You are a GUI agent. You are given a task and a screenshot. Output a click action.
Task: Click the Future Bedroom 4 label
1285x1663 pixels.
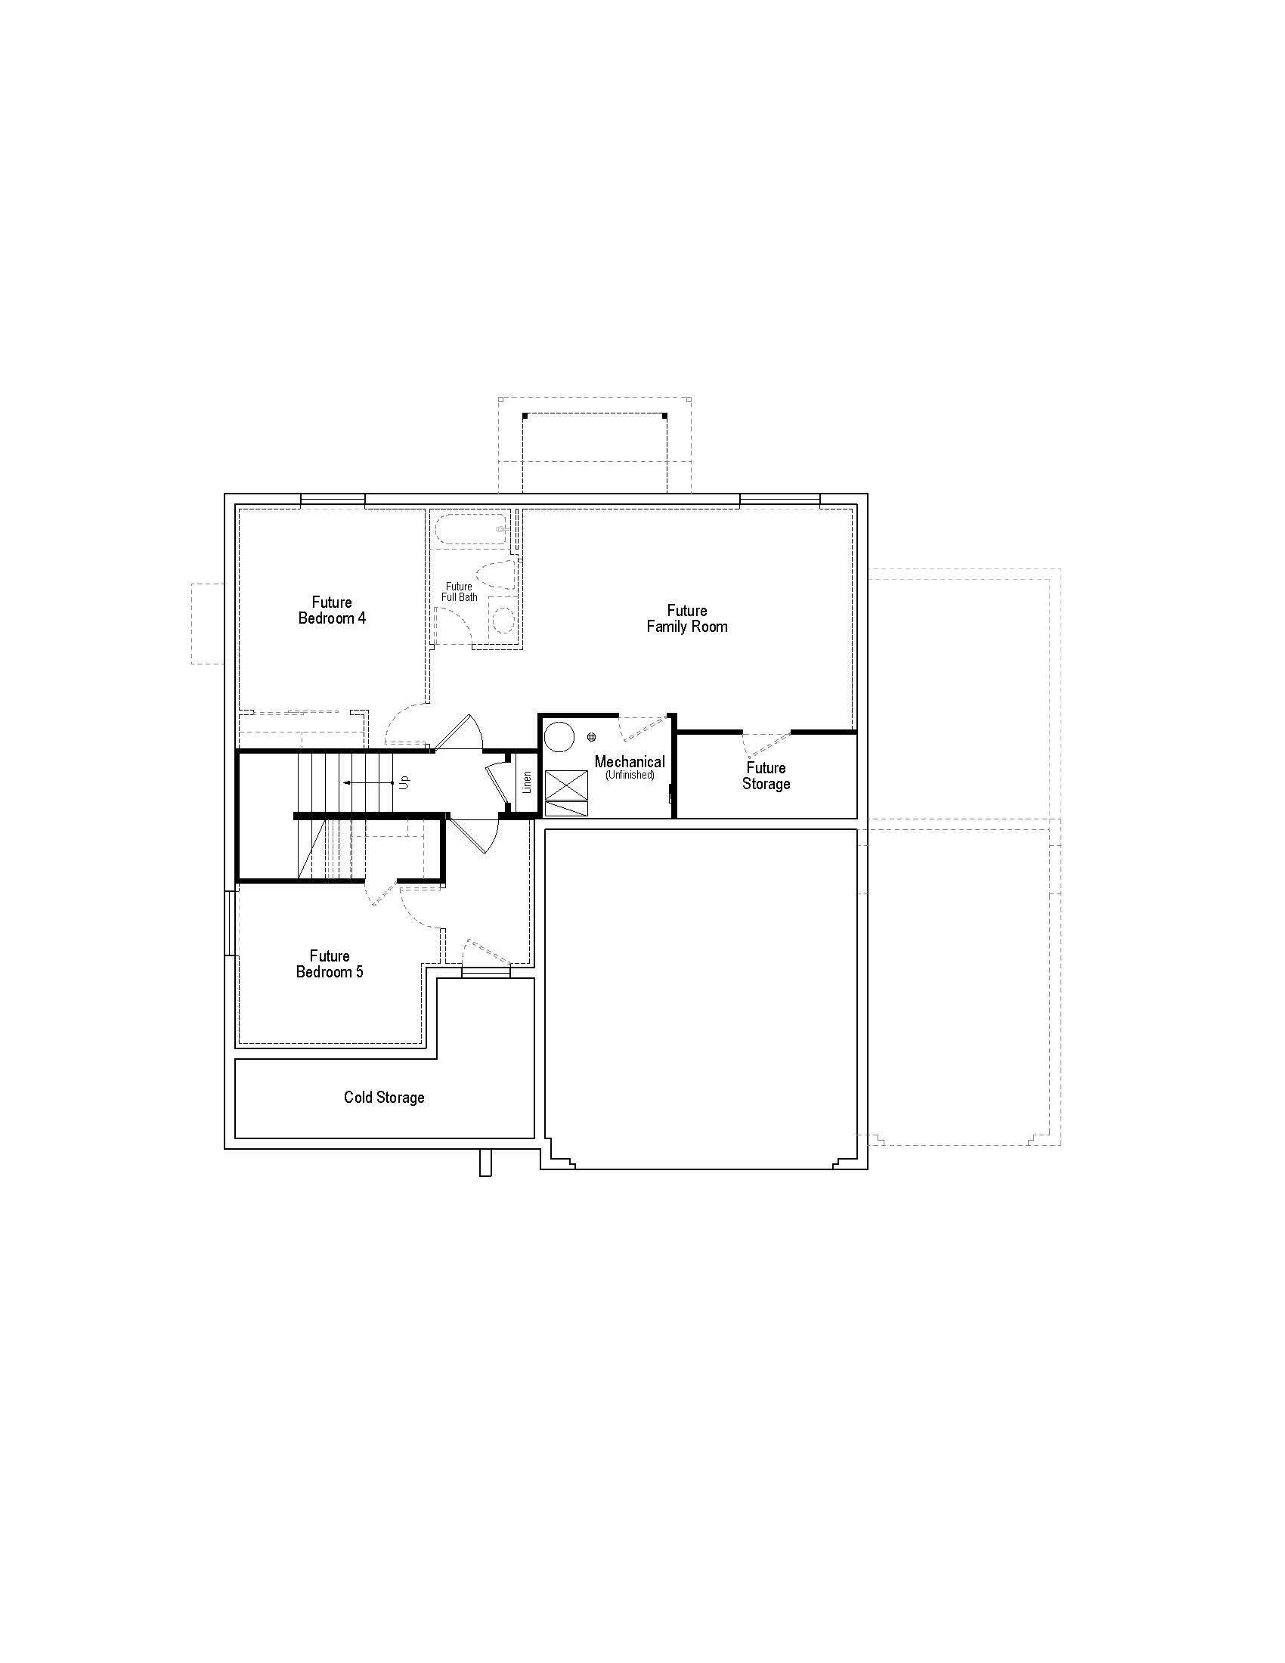pos(332,611)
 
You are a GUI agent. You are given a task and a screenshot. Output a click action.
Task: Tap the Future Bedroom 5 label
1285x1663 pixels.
pos(330,964)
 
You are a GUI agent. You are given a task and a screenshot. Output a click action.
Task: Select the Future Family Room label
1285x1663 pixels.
pos(686,619)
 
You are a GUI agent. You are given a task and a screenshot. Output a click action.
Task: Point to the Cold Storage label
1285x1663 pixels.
pos(384,1098)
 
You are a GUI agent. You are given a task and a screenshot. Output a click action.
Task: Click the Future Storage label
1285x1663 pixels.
pos(766,776)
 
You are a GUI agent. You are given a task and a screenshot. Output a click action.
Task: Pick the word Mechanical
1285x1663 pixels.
pos(630,761)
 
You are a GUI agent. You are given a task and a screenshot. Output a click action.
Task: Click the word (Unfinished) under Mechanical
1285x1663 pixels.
pos(630,775)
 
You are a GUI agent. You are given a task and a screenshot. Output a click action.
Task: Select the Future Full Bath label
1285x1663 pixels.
pos(459,592)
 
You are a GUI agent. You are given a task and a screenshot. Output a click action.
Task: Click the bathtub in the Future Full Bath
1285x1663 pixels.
pos(470,528)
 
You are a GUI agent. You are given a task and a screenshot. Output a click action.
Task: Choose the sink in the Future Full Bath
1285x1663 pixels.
pos(503,621)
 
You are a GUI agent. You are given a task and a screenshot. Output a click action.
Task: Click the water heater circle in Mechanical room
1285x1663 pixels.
pos(561,735)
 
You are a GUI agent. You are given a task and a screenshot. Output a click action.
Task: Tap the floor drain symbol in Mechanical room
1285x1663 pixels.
pos(592,737)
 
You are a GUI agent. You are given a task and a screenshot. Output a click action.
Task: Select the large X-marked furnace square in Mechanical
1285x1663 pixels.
pos(566,785)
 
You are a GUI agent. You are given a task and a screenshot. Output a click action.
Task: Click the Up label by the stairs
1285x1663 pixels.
pos(405,782)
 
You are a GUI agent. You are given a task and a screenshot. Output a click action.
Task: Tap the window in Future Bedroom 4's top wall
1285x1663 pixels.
pos(333,500)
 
